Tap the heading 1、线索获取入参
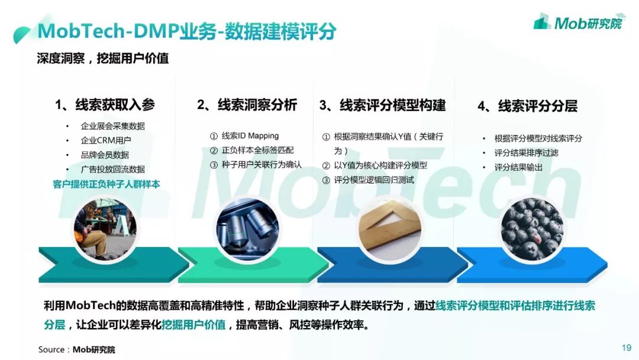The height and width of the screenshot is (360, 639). pyautogui.click(x=105, y=105)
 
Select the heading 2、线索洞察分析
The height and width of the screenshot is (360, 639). pyautogui.click(x=247, y=105)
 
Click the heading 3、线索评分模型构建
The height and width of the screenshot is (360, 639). pyautogui.click(x=382, y=105)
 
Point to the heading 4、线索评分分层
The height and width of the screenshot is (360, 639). pyautogui.click(x=527, y=106)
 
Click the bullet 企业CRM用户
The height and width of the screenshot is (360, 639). pyautogui.click(x=106, y=140)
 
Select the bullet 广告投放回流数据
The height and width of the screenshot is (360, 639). pyautogui.click(x=112, y=169)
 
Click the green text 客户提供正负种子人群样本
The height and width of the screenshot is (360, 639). pyautogui.click(x=106, y=184)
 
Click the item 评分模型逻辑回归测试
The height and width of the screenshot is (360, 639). pyautogui.click(x=374, y=180)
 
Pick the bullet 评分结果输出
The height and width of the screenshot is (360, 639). pyautogui.click(x=518, y=168)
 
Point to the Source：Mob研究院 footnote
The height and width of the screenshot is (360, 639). pyautogui.click(x=77, y=349)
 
